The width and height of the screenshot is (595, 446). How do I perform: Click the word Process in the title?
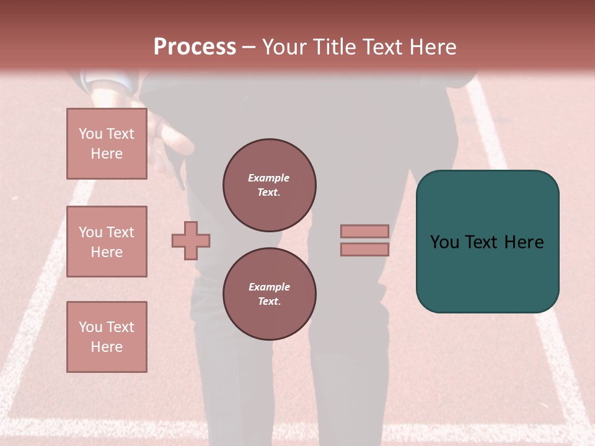(x=195, y=47)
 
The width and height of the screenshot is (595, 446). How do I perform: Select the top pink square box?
(x=107, y=144)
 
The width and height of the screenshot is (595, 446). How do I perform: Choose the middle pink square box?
(x=107, y=242)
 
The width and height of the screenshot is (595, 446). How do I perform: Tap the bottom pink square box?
(x=107, y=337)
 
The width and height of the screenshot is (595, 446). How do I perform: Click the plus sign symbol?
(x=191, y=240)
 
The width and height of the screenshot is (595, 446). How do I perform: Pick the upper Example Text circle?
(x=269, y=185)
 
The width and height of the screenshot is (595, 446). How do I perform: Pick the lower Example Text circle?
(x=269, y=294)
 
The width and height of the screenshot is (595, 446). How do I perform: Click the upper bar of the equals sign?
(x=364, y=231)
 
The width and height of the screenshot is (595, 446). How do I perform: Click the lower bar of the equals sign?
(x=364, y=250)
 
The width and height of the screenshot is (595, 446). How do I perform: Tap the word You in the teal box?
(x=444, y=242)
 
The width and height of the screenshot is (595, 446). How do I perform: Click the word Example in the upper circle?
(x=269, y=178)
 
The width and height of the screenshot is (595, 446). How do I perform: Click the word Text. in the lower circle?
(x=269, y=302)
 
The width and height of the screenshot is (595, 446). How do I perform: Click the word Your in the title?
(x=284, y=47)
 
